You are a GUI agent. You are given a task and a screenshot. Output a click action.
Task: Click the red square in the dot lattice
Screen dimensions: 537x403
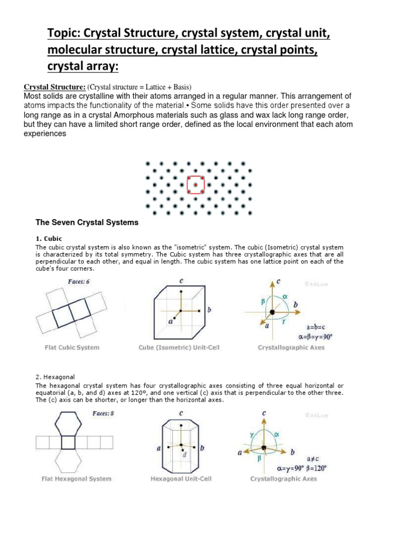(x=196, y=185)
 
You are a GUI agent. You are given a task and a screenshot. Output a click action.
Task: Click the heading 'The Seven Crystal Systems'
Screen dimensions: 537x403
(x=87, y=222)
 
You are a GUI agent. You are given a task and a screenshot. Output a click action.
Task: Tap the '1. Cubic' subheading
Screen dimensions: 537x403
(x=48, y=239)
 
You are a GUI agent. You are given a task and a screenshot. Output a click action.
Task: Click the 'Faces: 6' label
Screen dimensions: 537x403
(x=79, y=282)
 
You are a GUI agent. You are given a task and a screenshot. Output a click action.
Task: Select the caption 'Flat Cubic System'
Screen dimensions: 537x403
(x=71, y=347)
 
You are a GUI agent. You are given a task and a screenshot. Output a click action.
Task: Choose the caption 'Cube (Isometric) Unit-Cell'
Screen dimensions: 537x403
(x=181, y=347)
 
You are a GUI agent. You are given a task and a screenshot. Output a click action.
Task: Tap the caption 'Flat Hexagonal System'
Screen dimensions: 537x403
(x=77, y=478)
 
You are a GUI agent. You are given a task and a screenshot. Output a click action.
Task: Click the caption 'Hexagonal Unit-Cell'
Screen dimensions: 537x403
(x=181, y=478)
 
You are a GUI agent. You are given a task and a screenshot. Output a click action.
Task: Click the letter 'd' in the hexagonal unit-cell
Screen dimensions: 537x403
(x=185, y=455)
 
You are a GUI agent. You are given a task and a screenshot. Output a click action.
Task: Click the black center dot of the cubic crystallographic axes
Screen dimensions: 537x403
(x=272, y=313)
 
